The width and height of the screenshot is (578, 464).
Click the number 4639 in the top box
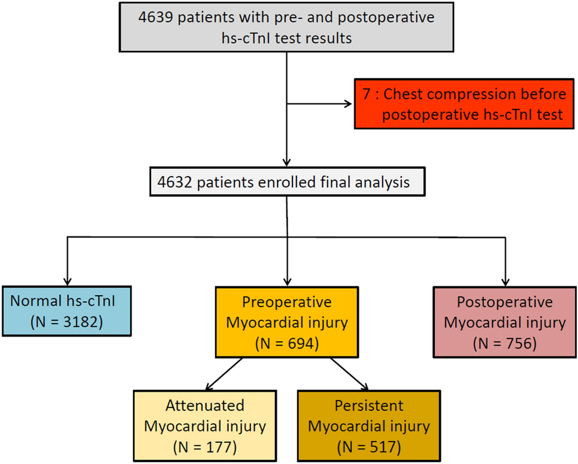click(156, 17)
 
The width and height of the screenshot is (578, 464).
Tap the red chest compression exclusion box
click(464, 103)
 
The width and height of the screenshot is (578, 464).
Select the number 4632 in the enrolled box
click(175, 182)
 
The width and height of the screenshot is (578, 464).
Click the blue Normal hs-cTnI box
click(67, 311)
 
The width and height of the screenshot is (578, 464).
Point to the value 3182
click(78, 322)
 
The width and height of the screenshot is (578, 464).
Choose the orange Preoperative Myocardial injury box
click(287, 322)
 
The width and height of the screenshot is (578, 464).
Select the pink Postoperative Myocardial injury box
click(505, 322)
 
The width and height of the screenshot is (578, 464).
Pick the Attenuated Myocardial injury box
click(205, 426)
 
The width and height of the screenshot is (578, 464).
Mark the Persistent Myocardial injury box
click(369, 426)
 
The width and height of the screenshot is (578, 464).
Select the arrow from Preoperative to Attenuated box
click(224, 374)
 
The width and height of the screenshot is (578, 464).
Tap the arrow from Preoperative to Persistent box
click(350, 374)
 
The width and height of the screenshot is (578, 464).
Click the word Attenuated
click(205, 405)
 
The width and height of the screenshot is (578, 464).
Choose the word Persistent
click(369, 405)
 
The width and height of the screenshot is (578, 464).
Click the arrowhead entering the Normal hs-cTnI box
click(67, 281)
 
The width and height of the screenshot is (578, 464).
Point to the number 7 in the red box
click(366, 94)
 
